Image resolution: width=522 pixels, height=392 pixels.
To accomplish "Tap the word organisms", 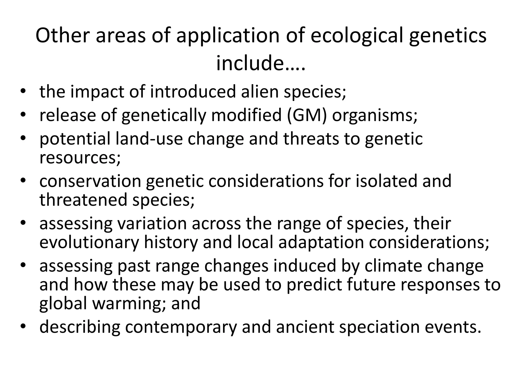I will [x=375, y=115].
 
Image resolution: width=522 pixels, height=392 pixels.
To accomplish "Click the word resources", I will [x=80, y=157].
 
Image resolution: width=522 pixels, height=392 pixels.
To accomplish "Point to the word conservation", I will [x=90, y=181].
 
